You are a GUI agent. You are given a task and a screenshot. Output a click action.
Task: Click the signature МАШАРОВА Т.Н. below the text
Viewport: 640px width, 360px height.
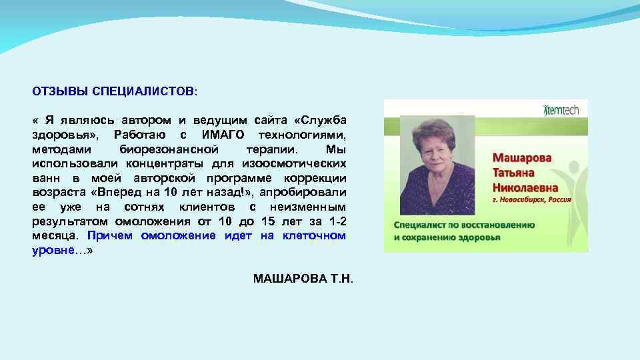point(303,277)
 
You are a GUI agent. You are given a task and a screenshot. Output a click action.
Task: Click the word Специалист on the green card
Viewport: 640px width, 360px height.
point(419,225)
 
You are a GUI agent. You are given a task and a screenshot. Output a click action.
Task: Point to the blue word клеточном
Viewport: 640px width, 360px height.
point(315,235)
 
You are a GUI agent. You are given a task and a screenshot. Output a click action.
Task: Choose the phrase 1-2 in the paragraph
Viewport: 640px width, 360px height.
point(335,221)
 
